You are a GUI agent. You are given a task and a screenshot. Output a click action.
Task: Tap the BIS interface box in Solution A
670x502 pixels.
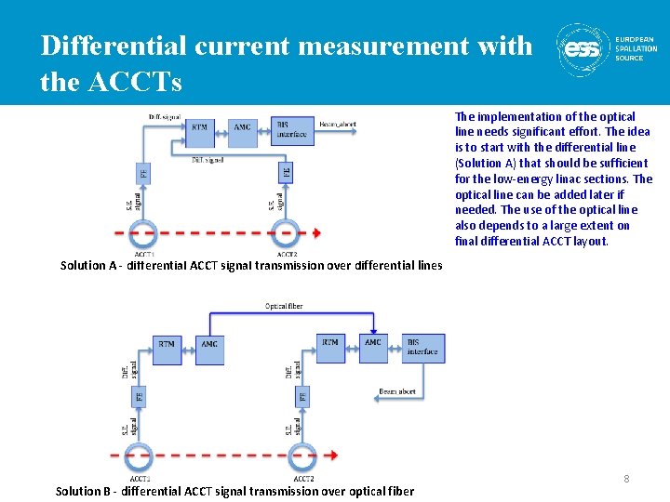point(290,130)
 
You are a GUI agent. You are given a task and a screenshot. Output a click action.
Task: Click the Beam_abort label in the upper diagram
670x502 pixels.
point(337,124)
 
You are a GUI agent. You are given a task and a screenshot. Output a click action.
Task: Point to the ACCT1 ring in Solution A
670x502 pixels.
point(144,232)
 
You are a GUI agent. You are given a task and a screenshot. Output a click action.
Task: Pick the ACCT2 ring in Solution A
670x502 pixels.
point(286,232)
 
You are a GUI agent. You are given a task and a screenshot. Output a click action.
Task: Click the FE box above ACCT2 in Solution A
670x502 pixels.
point(286,173)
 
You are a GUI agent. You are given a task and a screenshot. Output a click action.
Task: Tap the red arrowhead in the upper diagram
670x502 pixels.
point(317,232)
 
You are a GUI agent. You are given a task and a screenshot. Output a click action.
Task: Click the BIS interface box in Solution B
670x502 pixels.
point(423,347)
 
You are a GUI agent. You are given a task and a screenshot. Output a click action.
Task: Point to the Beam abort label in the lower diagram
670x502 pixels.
point(397,391)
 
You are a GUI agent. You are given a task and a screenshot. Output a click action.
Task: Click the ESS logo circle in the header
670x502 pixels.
point(584,49)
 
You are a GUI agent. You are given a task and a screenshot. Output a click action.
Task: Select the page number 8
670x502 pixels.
point(626,479)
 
